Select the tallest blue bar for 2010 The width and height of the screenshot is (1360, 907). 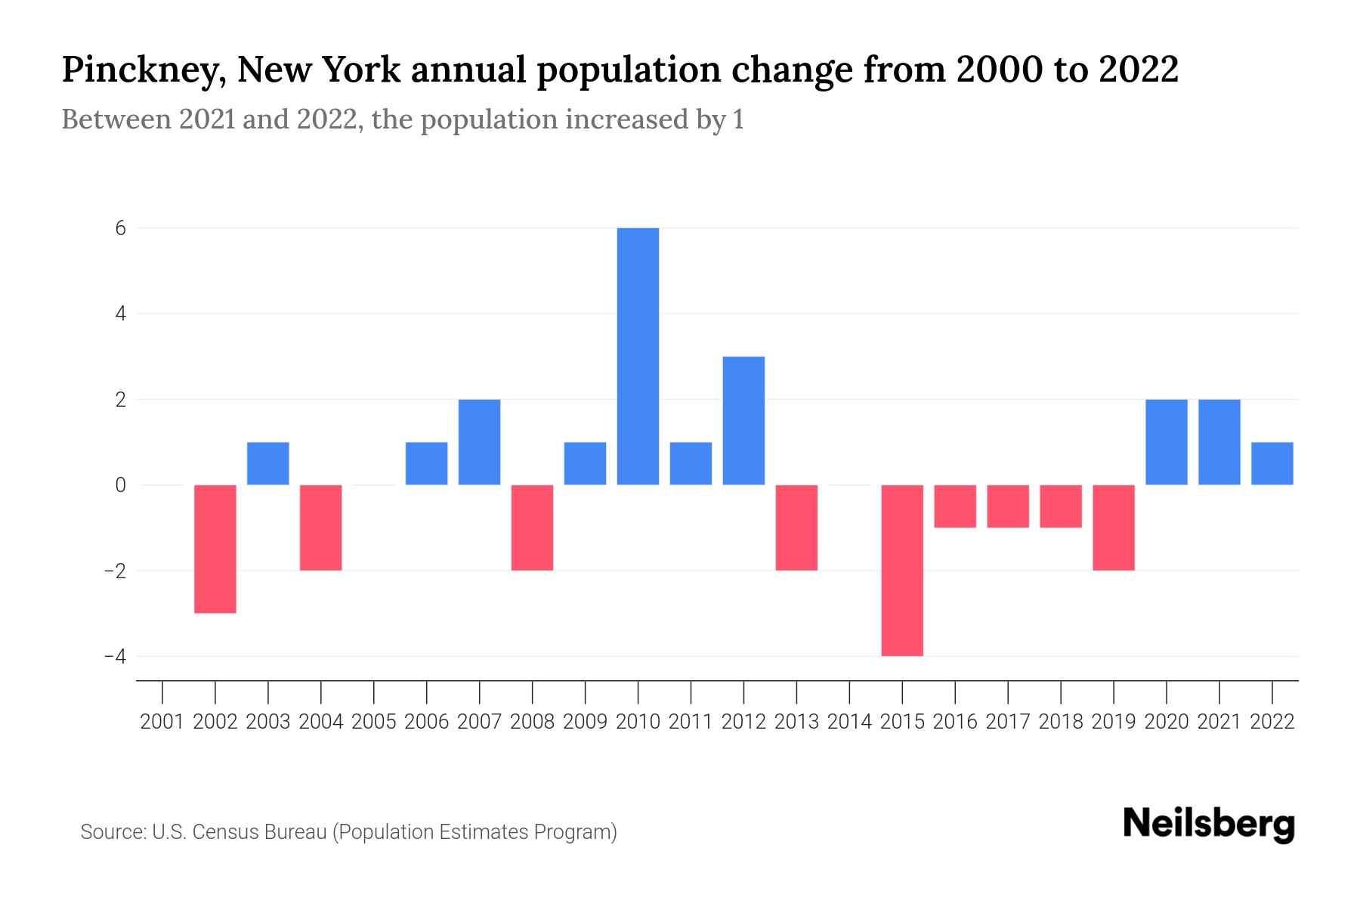[638, 355]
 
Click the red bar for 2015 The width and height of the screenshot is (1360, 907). [902, 570]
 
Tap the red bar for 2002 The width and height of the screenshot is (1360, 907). [215, 548]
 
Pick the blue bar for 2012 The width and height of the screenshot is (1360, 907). [743, 420]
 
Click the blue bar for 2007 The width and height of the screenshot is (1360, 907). [479, 441]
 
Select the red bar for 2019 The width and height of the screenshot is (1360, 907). [1114, 527]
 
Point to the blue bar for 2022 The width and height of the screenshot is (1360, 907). [1272, 463]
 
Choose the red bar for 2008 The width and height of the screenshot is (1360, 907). [532, 527]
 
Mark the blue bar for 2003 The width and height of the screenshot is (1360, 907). [268, 463]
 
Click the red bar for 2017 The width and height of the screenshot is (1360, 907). [1008, 506]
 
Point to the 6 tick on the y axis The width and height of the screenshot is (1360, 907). [120, 228]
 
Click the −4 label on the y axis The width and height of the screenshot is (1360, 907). [115, 656]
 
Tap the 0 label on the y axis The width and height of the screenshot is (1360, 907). [120, 485]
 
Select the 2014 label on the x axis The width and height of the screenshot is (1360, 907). [849, 722]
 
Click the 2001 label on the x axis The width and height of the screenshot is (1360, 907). [162, 722]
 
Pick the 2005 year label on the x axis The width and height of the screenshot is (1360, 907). [374, 722]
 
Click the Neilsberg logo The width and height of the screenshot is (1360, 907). [1209, 824]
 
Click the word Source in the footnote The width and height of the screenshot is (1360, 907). [113, 832]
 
